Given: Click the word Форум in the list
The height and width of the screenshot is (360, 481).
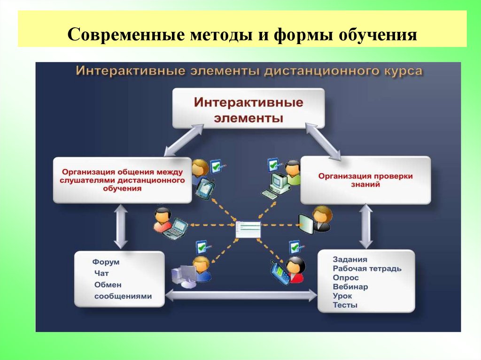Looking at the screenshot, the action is (x=106, y=262).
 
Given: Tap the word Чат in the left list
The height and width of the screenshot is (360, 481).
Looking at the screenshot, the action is (x=101, y=273).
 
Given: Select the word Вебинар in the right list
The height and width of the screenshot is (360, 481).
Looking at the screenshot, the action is (x=350, y=287).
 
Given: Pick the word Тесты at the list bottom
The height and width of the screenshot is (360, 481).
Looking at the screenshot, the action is (x=345, y=305).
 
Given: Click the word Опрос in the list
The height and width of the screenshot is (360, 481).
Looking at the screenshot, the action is (x=346, y=278).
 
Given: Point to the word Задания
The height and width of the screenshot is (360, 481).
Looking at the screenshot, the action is (x=350, y=260).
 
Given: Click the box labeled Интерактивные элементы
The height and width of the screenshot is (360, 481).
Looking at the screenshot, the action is (x=248, y=109).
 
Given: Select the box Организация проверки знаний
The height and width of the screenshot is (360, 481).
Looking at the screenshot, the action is (x=365, y=180).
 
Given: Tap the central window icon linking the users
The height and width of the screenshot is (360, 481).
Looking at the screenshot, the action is (x=248, y=229).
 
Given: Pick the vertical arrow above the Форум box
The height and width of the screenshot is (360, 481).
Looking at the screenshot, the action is (x=121, y=228).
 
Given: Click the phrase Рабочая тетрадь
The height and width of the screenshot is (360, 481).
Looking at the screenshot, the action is (x=367, y=269).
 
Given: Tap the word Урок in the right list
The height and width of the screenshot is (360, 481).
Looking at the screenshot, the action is (x=342, y=296).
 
